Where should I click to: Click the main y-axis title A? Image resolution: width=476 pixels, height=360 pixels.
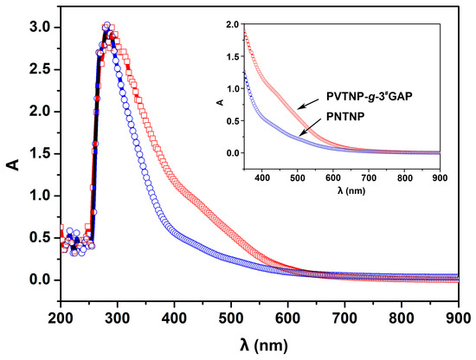click(12, 159)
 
